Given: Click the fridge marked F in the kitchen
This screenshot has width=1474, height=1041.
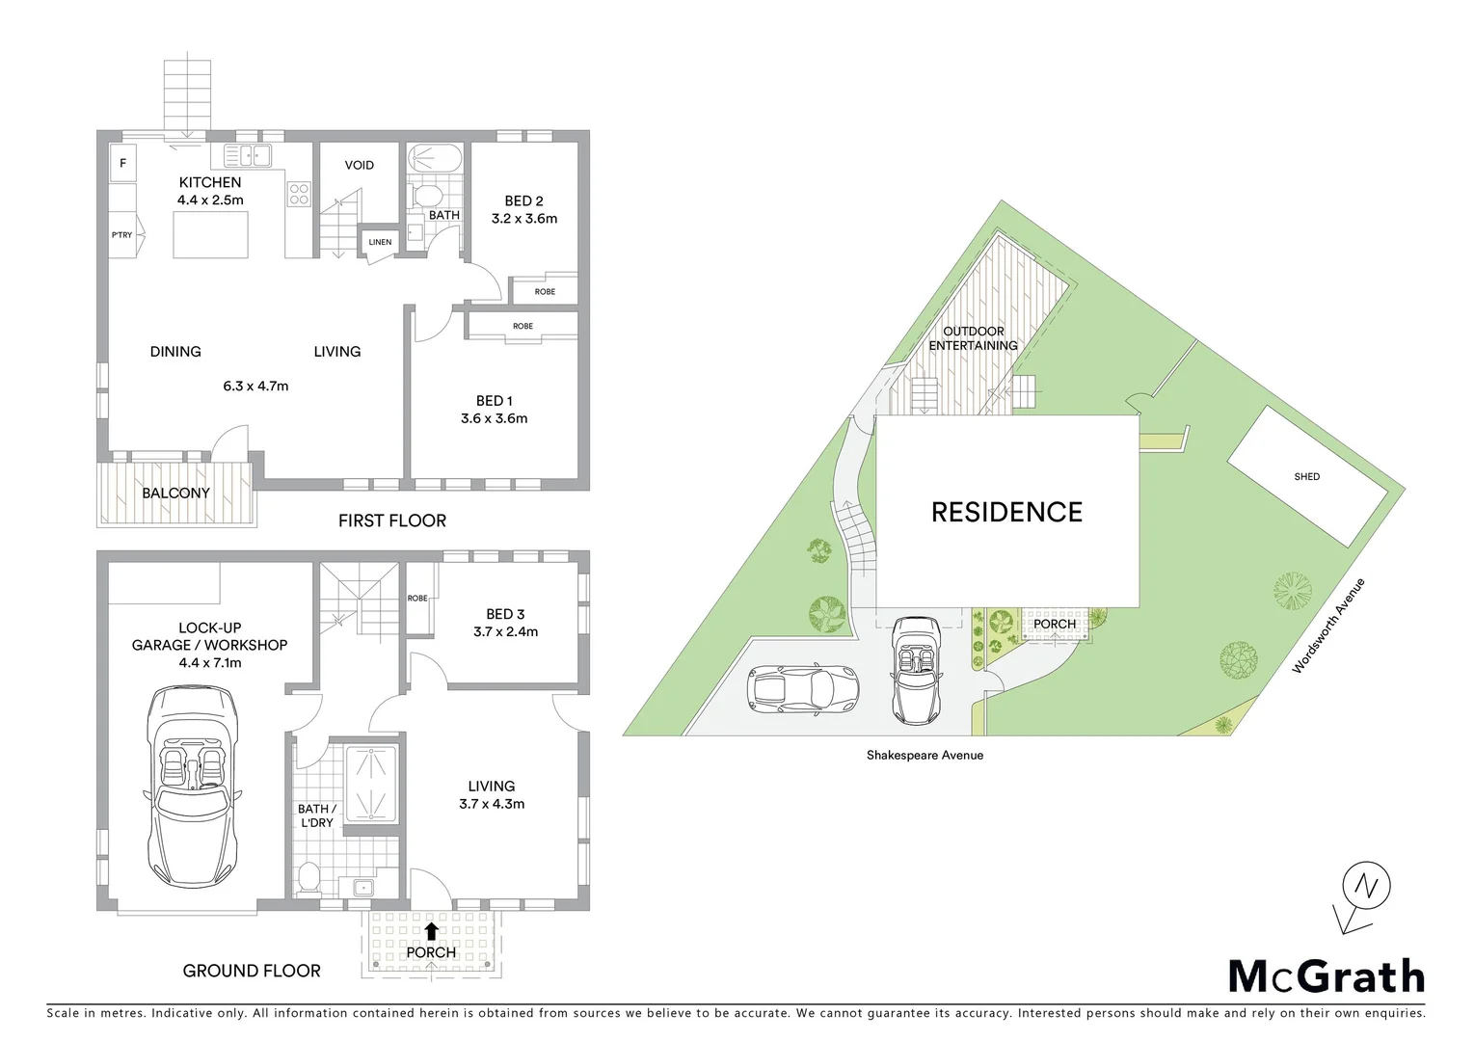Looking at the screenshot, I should [x=122, y=164].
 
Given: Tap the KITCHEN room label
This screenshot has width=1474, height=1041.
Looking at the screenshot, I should [x=210, y=182].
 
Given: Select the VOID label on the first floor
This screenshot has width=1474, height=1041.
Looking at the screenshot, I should [x=360, y=165].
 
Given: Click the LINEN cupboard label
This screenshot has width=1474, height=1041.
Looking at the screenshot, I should [x=380, y=242].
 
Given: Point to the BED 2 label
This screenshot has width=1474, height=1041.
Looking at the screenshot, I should [x=523, y=201].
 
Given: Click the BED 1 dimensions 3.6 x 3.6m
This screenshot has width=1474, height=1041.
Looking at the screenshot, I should [x=494, y=418].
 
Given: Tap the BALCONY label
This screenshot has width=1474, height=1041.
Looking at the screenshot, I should [x=175, y=493].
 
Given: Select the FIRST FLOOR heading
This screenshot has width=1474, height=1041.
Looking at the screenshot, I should [x=391, y=520].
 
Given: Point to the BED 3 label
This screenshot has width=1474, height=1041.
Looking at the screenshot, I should [x=505, y=614].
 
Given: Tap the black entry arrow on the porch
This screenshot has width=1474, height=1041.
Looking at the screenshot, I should [x=431, y=931].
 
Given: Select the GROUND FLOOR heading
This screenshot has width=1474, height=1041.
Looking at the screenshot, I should [x=252, y=971].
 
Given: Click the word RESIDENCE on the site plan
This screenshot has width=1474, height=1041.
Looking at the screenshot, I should [x=1006, y=512].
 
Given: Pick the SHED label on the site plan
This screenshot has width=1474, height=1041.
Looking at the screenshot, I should [x=1306, y=476].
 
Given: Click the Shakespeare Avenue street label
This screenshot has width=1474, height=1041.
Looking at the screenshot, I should [x=925, y=755].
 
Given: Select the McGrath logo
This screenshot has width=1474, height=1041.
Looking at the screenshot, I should [x=1326, y=976].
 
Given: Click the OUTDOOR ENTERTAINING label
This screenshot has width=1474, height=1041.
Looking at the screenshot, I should [x=973, y=338].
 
